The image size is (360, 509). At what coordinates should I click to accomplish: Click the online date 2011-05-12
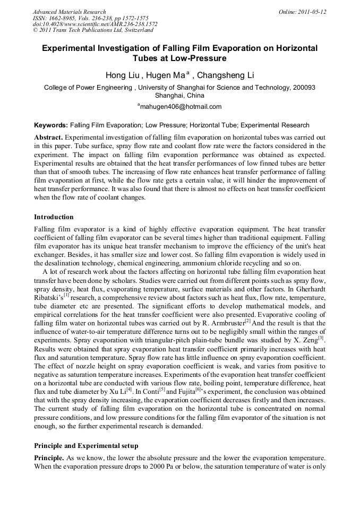coord(311,12)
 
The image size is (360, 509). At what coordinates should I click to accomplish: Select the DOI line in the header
coord(95,24)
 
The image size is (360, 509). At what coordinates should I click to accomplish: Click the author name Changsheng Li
coord(225,75)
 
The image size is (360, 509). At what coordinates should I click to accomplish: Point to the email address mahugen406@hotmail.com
coord(181,107)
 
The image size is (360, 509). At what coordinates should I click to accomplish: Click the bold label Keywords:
coord(51,125)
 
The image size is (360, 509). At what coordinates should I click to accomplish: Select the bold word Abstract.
coord(48,137)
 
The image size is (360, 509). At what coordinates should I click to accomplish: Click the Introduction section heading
coord(54,217)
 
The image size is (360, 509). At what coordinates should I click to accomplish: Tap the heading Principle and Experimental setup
coord(86,445)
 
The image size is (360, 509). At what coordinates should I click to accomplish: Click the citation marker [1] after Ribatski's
coord(66,294)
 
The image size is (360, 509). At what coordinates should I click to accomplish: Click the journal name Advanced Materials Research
coord(70,12)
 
